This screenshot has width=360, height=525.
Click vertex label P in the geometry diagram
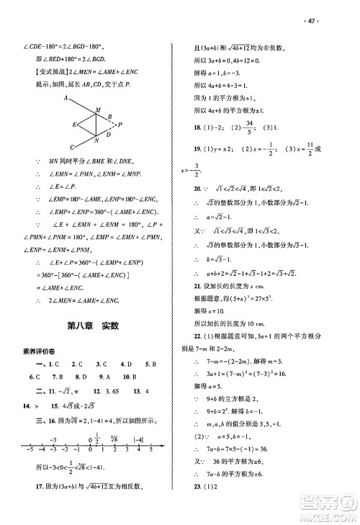120,125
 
